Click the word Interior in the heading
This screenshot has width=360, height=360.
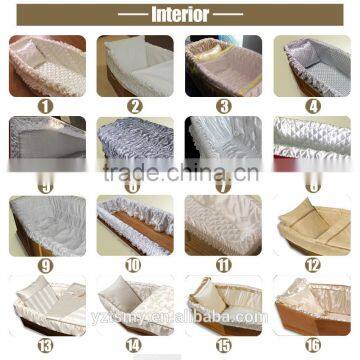(x=180, y=15)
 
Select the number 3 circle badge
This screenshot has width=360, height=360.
(x=223, y=103)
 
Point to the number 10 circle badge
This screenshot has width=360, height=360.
(x=135, y=265)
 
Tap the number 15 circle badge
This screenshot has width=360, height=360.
(x=223, y=345)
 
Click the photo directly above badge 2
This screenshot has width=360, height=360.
(x=135, y=65)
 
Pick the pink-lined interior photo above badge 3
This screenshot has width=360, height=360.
(x=223, y=65)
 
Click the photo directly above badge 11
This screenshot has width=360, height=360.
(x=223, y=225)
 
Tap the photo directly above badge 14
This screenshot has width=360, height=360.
(x=135, y=305)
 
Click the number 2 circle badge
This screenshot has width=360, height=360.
(x=135, y=103)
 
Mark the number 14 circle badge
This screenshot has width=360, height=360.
(x=135, y=345)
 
